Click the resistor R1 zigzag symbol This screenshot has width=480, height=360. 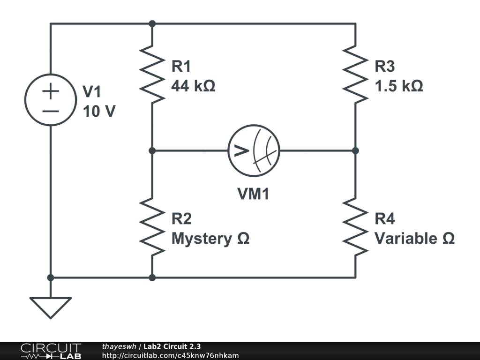coord(152,74)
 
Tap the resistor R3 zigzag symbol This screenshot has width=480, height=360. coord(355,74)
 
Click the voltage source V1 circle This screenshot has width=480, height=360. coord(50,100)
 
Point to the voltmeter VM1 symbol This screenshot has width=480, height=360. coord(254,150)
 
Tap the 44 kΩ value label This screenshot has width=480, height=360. coord(193,86)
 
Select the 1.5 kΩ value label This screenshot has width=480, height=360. coord(398,86)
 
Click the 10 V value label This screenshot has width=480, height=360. coord(99,112)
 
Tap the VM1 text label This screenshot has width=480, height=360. coord(253,194)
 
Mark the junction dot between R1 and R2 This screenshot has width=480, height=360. coord(152,150)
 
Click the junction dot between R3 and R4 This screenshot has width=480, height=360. coord(355,150)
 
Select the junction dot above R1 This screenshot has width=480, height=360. coord(152,23)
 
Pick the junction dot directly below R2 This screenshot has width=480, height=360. coord(152,277)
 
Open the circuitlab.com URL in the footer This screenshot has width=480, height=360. coord(170,355)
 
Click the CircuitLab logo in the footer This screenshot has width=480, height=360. coord(51,351)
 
